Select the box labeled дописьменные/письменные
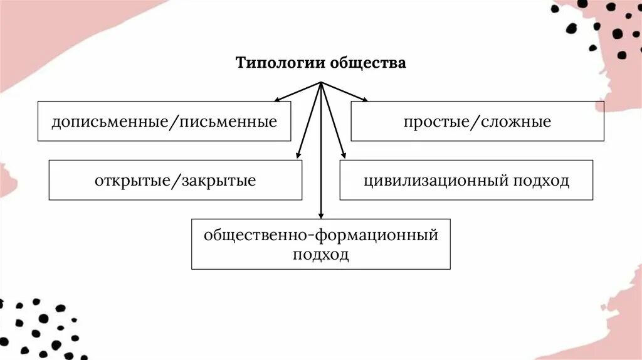click(164, 121)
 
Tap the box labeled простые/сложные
click(477, 121)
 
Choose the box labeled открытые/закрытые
click(175, 181)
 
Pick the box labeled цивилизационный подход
click(466, 181)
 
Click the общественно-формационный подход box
click(320, 245)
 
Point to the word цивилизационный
click(436, 181)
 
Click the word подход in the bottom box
click(320, 255)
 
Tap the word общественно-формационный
click(320, 236)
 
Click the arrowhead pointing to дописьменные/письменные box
click(278, 99)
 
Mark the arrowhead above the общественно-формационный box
click(321, 214)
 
